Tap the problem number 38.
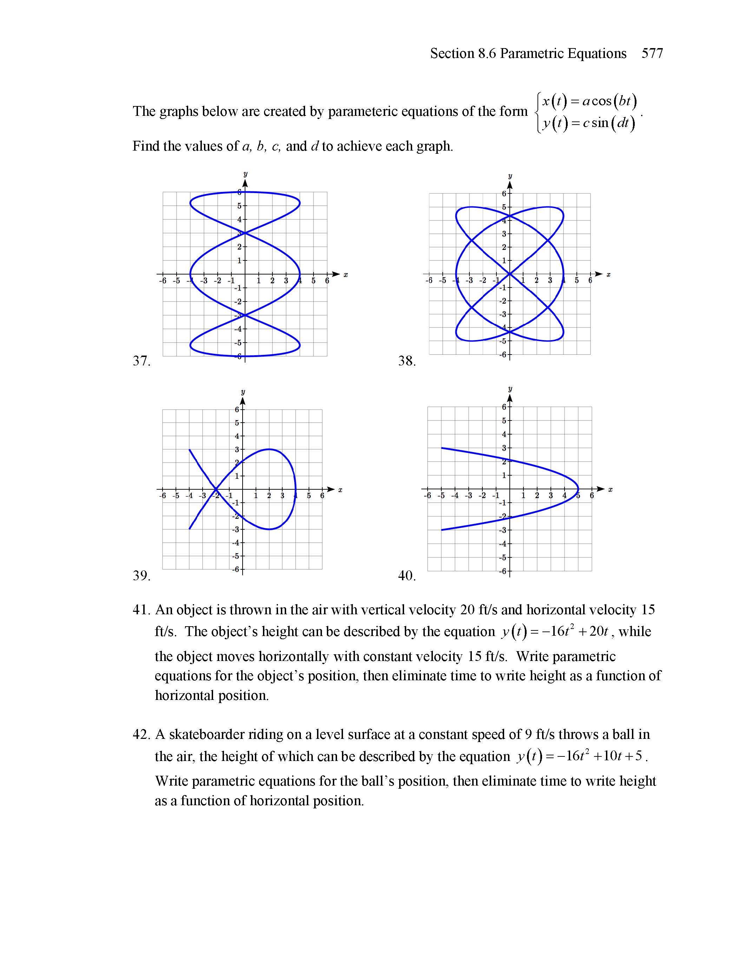tap(407, 360)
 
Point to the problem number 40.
tap(407, 576)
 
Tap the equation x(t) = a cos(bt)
tap(589, 101)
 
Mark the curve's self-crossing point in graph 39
tap(216, 490)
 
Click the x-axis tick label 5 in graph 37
tap(313, 281)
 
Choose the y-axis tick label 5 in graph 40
tap(504, 421)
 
